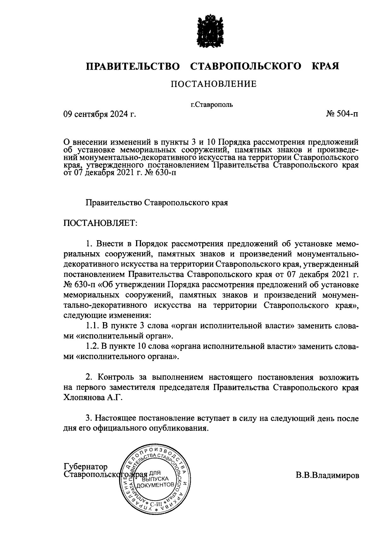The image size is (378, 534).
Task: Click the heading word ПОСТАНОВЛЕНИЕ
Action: point(214,84)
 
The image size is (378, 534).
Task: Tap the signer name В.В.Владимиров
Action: point(327,475)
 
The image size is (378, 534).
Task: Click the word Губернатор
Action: point(86,467)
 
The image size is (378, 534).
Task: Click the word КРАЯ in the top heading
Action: point(325,67)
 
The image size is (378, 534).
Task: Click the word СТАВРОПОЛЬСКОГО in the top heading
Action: point(245,67)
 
